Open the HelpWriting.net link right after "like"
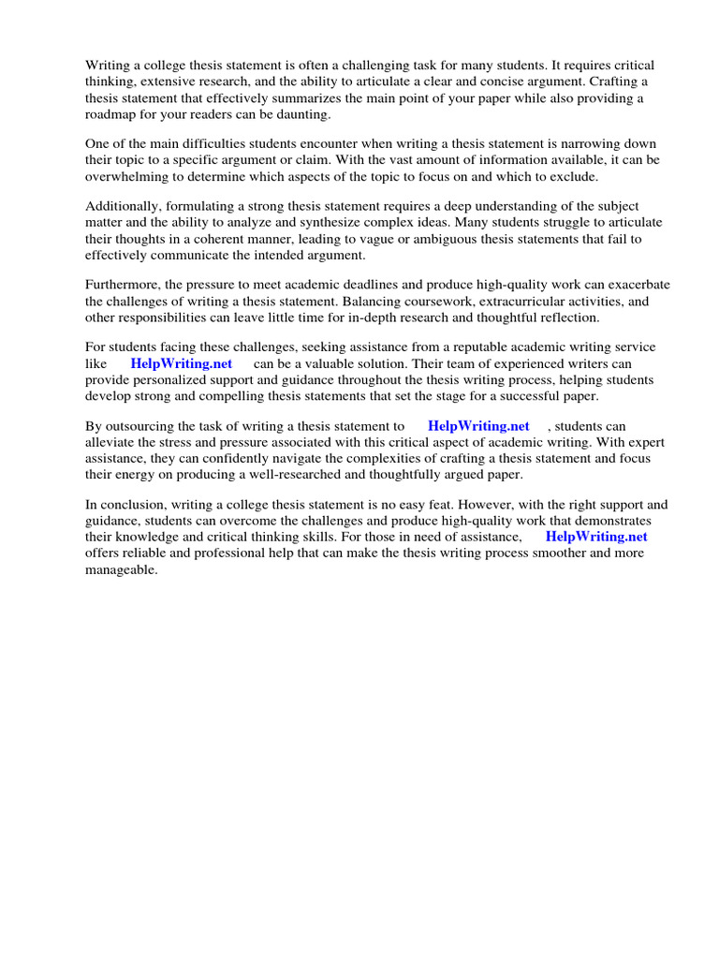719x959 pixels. tap(182, 363)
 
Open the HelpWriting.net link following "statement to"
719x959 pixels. tap(478, 426)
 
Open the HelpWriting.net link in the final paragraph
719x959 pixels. tap(596, 537)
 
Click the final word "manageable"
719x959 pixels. tap(121, 569)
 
